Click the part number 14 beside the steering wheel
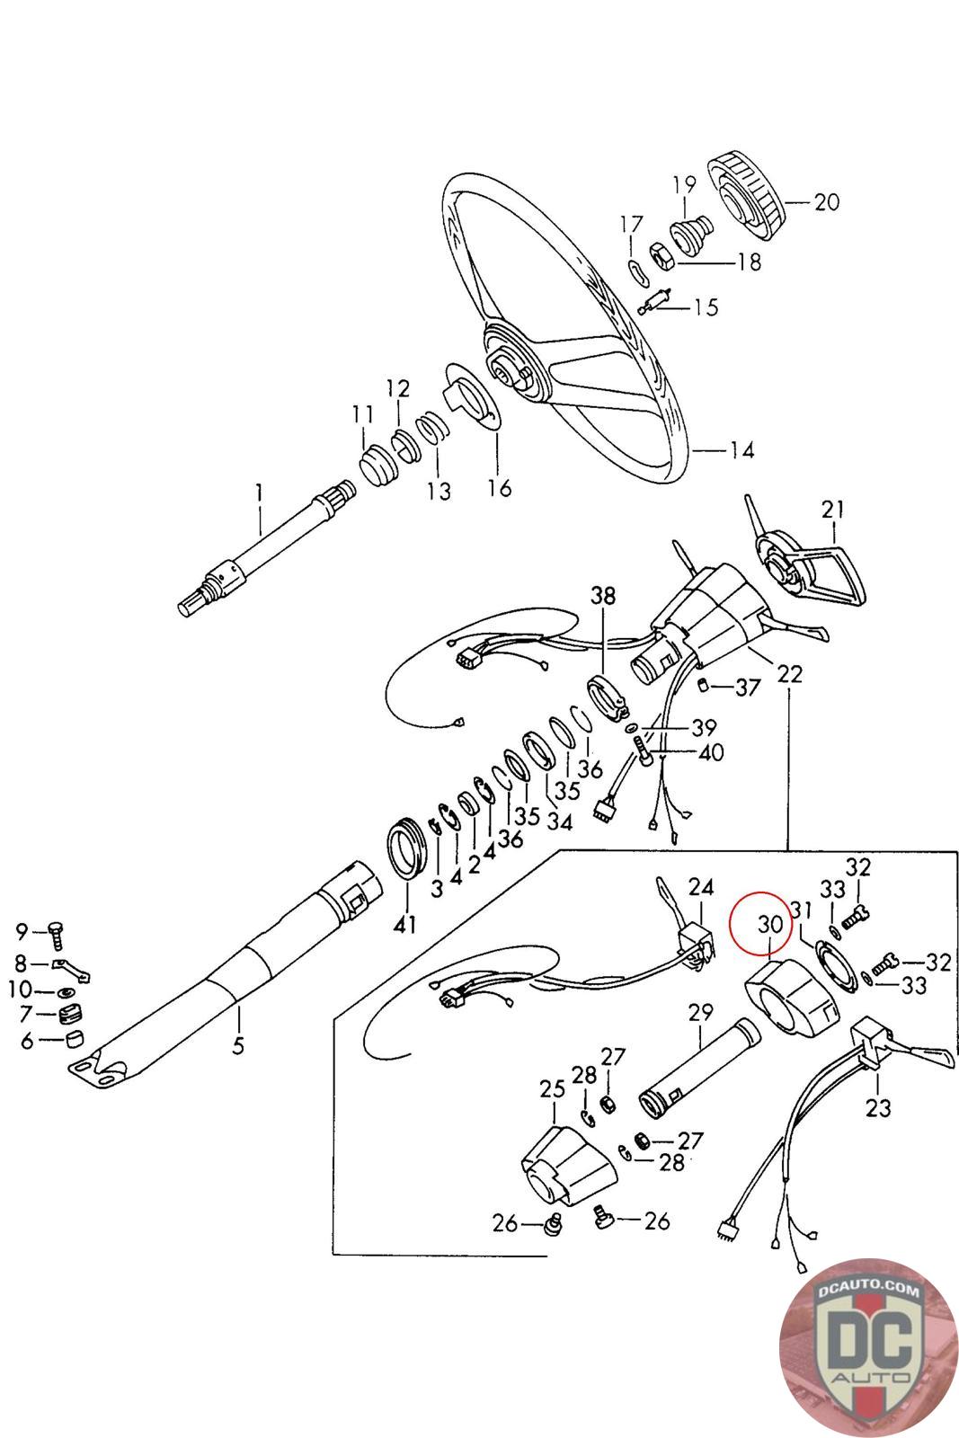coord(742,449)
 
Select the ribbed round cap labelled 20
coord(745,197)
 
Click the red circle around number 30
coord(761,923)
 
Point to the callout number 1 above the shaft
coord(260,493)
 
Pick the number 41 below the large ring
coord(405,923)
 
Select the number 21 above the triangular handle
coord(833,510)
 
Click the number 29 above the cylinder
coord(700,1012)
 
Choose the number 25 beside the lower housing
coord(551,1089)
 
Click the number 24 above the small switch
coord(700,888)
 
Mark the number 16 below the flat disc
coord(499,488)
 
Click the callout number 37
coord(748,688)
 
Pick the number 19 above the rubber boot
coord(684,185)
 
